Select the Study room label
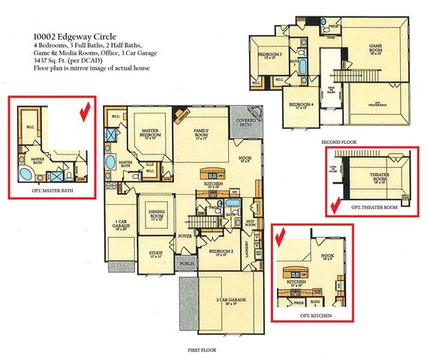click(156, 255)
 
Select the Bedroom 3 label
click(269, 56)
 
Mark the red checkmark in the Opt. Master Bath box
click(84, 113)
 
